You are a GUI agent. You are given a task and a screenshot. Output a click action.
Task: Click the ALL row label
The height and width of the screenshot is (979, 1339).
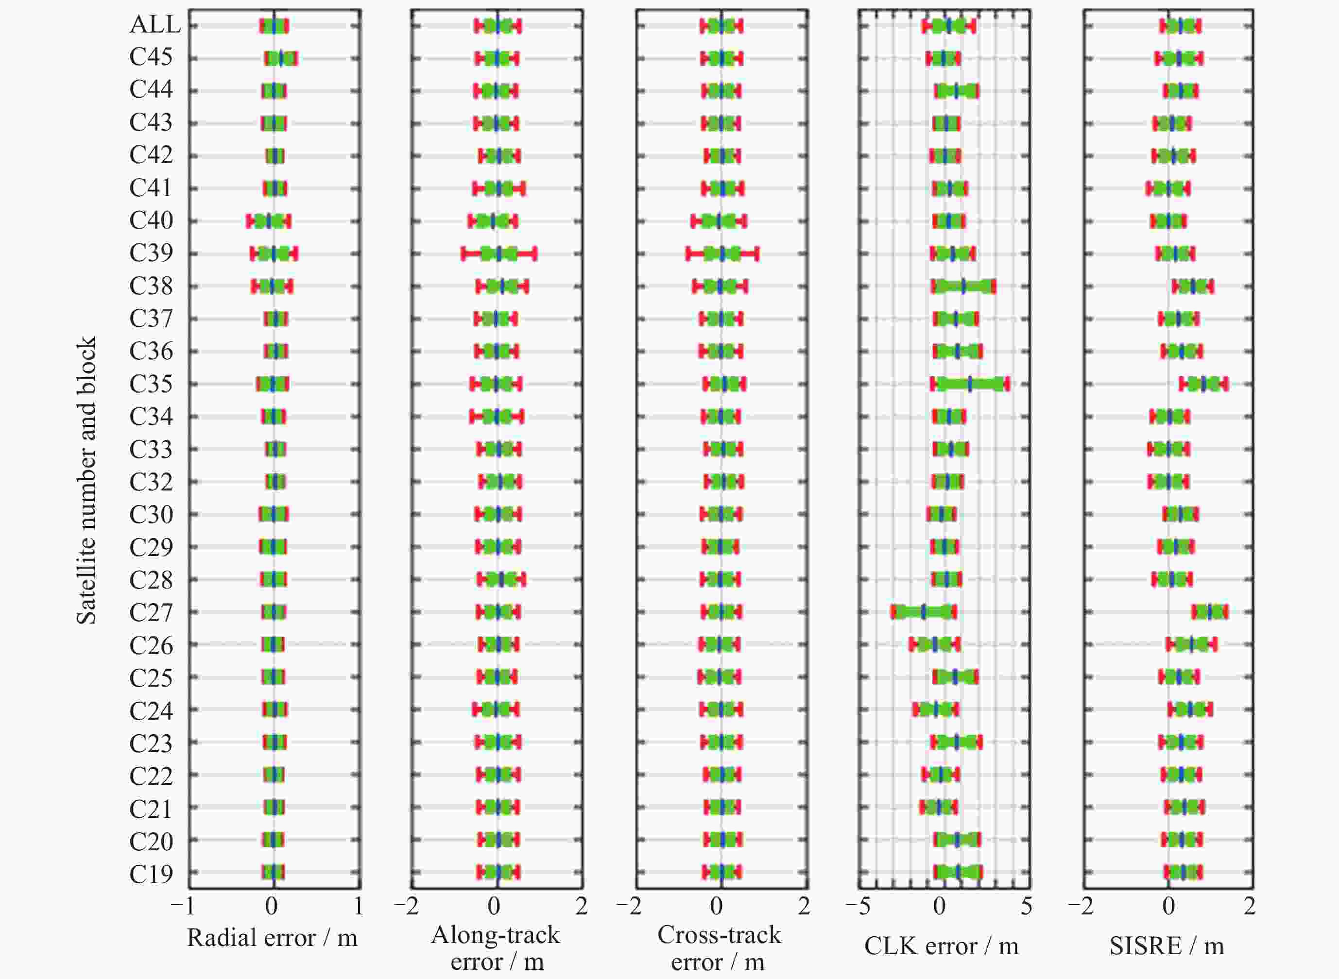[154, 25]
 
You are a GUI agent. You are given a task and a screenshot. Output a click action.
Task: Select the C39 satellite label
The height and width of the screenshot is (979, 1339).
[151, 253]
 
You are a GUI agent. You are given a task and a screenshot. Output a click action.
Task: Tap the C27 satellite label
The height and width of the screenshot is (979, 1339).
[151, 613]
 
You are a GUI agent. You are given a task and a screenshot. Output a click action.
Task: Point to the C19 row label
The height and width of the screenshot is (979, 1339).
[151, 874]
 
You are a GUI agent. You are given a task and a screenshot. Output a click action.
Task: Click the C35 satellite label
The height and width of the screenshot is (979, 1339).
[151, 384]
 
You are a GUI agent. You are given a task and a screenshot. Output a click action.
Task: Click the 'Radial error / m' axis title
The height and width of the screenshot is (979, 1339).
[272, 938]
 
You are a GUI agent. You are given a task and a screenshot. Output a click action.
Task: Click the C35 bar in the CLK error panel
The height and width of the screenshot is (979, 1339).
[970, 384]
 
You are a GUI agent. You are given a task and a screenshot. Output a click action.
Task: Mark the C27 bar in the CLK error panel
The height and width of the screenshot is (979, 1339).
[924, 612]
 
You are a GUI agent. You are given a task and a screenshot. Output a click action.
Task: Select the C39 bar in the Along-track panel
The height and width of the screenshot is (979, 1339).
[499, 253]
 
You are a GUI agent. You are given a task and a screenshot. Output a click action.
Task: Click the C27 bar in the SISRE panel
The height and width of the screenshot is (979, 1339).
[1210, 612]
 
